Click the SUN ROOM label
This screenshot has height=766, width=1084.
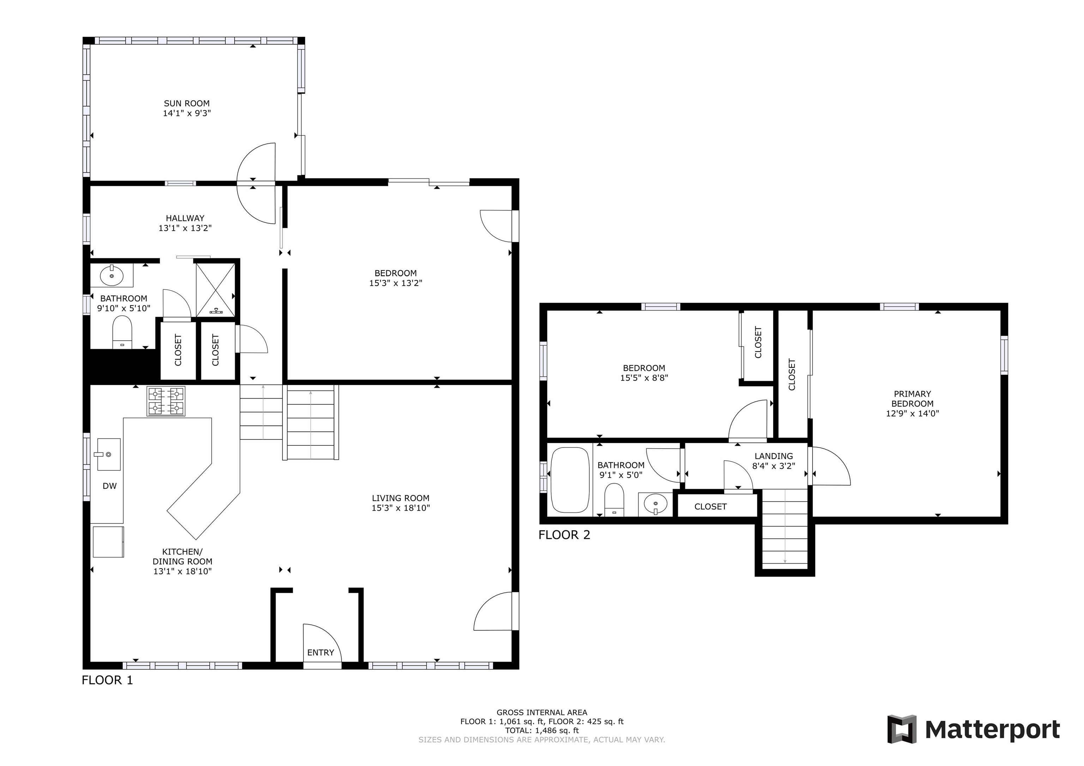187,103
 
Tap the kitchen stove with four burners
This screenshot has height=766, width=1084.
166,401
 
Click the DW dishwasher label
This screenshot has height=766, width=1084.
109,486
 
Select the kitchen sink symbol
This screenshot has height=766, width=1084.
109,454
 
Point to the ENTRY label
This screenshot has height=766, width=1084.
320,652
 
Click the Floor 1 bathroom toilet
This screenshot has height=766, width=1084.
122,332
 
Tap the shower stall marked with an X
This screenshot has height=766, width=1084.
215,289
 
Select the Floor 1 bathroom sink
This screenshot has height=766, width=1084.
112,275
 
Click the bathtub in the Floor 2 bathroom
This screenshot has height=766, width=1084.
570,480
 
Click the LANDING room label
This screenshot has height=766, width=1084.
773,456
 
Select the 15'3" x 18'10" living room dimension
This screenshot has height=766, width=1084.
401,508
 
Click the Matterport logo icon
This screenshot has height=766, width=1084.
902,729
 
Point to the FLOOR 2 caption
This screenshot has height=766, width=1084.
564,535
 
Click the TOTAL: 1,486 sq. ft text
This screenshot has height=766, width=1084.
542,730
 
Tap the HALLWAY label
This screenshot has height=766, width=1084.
185,218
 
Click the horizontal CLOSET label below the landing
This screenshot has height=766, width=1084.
710,506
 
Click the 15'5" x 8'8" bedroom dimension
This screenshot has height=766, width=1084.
644,378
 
